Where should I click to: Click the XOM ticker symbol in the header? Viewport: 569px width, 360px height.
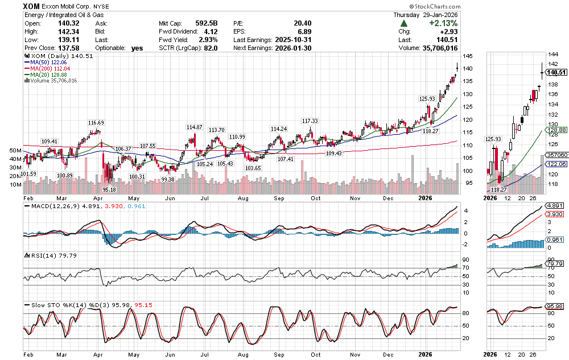(x=32, y=6)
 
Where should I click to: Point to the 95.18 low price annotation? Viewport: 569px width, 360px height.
(x=109, y=189)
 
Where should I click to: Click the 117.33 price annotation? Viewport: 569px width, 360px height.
(x=310, y=121)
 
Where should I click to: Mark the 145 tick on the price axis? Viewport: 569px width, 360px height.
(x=467, y=56)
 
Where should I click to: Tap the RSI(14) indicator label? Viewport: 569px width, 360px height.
(x=40, y=255)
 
